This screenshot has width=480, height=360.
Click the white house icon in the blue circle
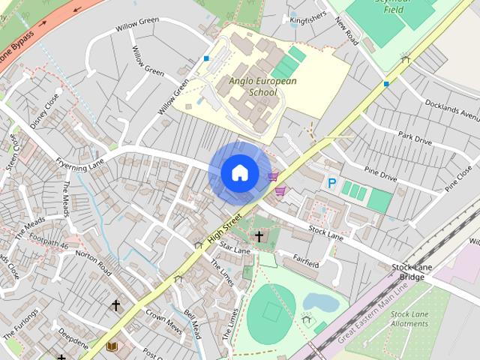coord(239,172)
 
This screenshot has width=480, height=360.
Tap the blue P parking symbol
coord(331,182)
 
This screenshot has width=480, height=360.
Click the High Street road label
coord(227,231)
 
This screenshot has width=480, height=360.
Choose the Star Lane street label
coord(235,249)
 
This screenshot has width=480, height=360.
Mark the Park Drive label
coord(415,139)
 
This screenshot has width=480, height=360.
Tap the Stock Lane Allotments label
coord(409,318)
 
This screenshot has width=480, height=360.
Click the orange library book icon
coord(112,346)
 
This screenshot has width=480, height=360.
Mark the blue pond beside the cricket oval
coord(320,301)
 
